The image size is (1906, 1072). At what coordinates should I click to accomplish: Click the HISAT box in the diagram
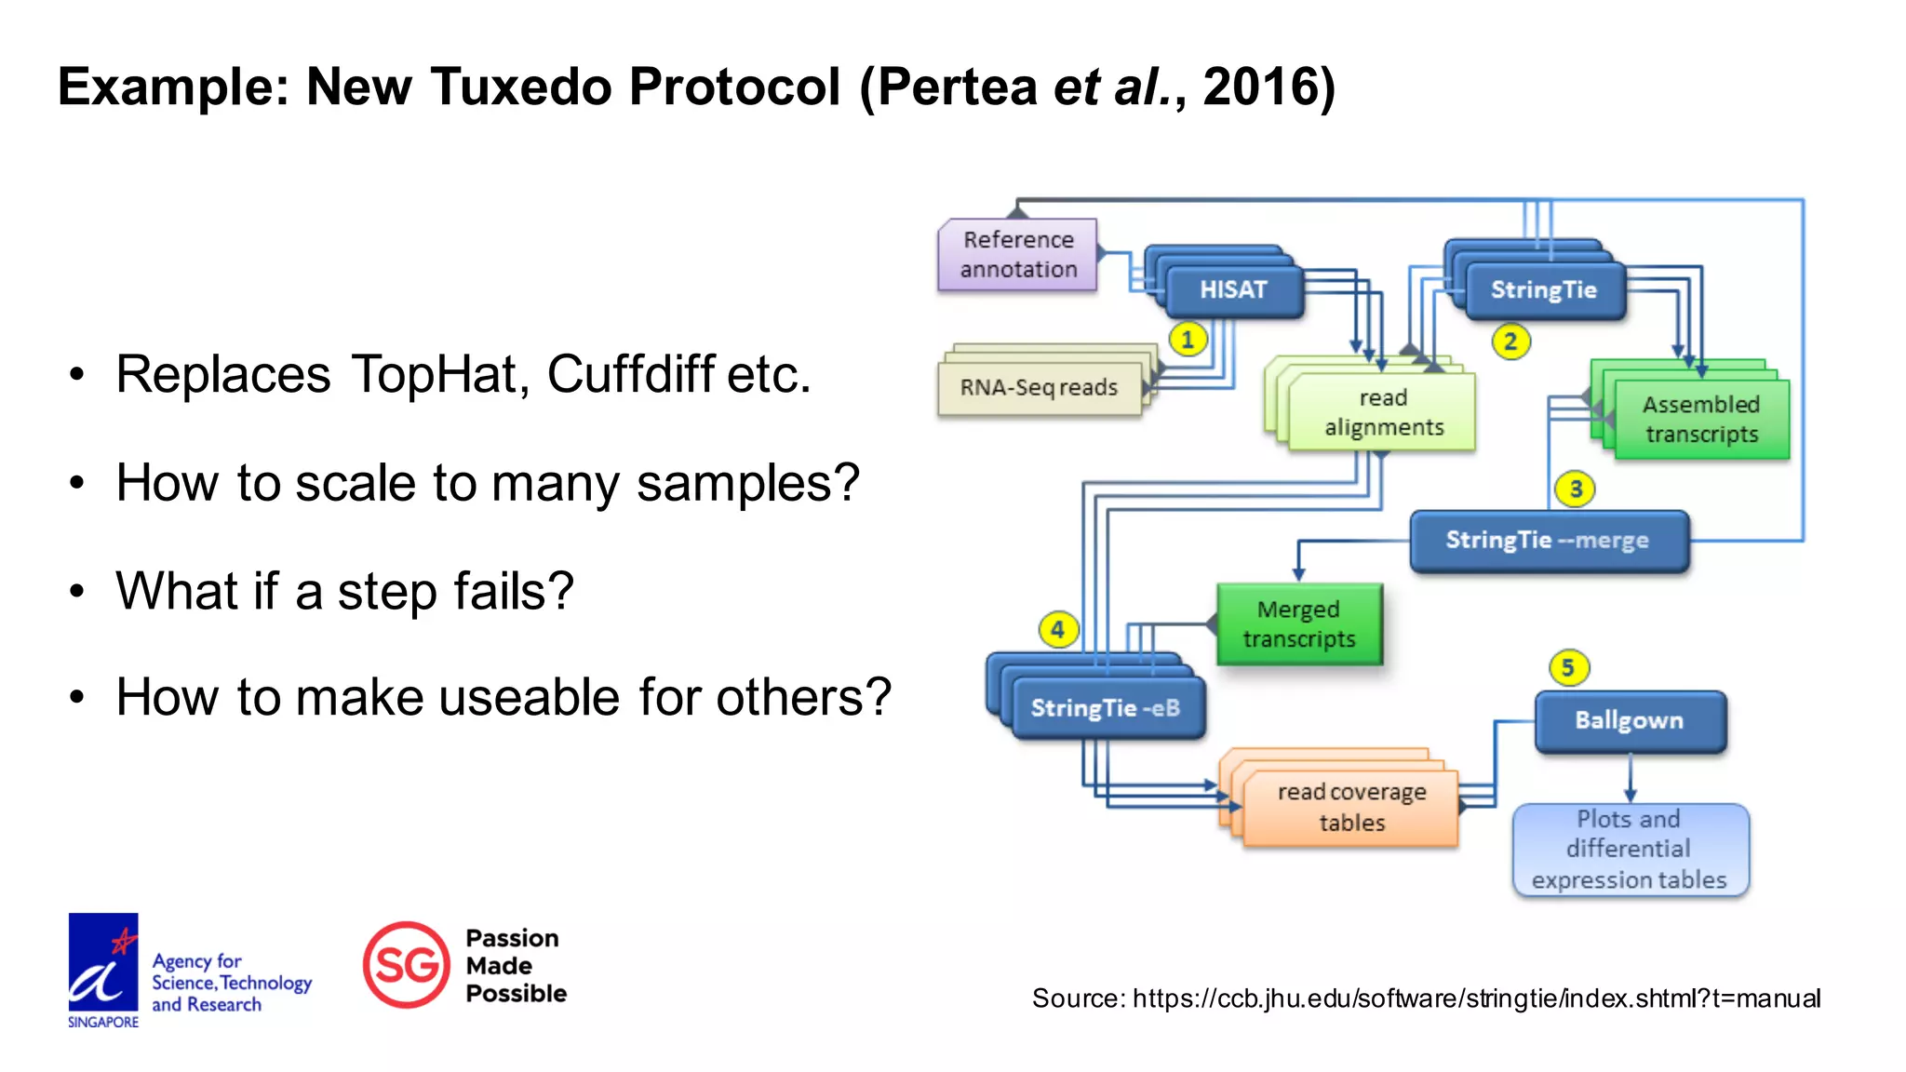point(1233,290)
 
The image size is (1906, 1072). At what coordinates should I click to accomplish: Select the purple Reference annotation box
point(1018,254)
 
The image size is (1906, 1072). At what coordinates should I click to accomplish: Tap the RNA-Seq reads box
point(1039,387)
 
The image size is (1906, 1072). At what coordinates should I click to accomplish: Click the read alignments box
point(1383,412)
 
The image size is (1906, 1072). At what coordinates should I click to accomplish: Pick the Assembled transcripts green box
point(1701,419)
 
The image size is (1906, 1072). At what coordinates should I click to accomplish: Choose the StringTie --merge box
point(1549,541)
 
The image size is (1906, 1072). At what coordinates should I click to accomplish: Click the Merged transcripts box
point(1299,624)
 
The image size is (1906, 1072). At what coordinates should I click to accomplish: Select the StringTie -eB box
point(1106,709)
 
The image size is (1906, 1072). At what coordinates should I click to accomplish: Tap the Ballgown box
point(1630,721)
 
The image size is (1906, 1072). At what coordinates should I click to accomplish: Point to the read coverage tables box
point(1351,808)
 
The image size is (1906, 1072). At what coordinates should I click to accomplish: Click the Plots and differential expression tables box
point(1630,850)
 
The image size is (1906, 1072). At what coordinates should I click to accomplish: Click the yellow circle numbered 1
point(1188,340)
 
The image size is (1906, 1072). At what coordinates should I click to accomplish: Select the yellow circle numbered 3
point(1576,489)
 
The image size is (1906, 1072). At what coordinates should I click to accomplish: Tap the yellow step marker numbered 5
point(1568,667)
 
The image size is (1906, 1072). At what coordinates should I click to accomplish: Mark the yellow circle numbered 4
point(1057,630)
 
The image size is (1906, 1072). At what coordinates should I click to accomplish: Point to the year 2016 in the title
point(1260,87)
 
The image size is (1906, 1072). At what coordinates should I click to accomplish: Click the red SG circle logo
point(407,965)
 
